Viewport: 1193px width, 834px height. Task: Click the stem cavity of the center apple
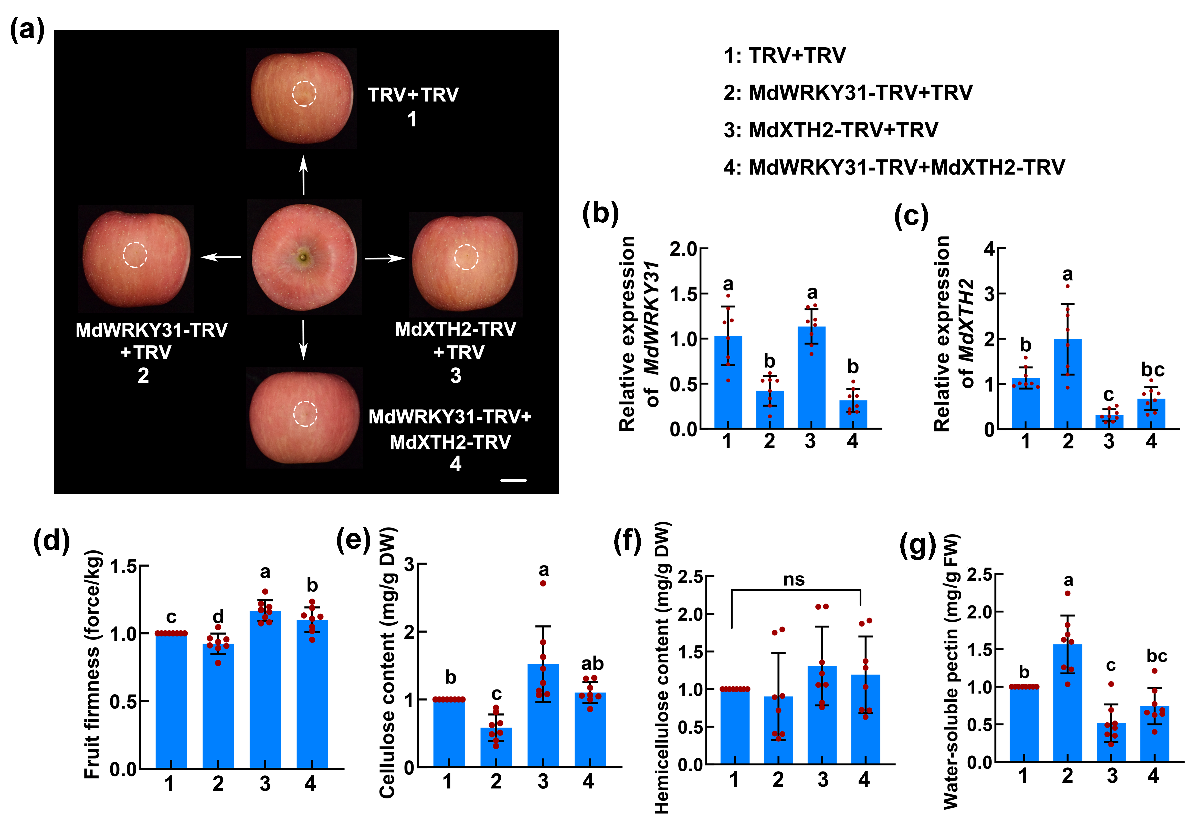(x=303, y=256)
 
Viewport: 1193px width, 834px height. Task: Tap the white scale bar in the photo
(x=513, y=480)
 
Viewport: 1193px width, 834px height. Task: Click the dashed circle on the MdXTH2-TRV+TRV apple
(x=466, y=257)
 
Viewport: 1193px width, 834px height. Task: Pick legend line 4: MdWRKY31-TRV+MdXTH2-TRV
(x=894, y=167)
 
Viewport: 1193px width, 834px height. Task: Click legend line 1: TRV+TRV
(x=785, y=55)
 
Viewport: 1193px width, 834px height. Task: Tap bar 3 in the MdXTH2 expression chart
(x=1109, y=422)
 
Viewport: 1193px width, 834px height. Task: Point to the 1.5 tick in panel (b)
(x=683, y=294)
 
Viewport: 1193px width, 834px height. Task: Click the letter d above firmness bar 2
(x=218, y=616)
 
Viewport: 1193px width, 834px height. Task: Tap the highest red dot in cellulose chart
(x=543, y=583)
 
